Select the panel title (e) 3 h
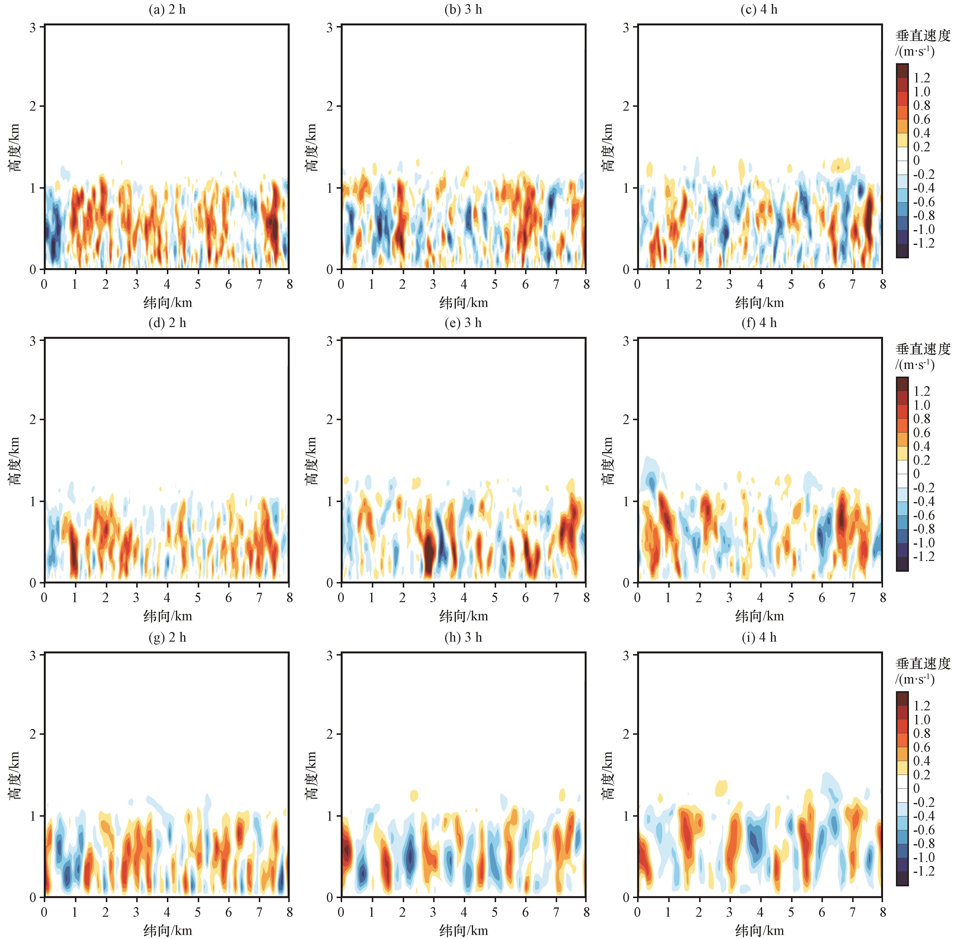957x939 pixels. [x=463, y=323]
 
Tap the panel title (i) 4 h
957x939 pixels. [x=759, y=638]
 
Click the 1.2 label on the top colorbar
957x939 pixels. [x=922, y=78]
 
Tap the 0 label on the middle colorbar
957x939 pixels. [x=917, y=474]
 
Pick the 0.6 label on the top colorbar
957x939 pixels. [x=922, y=119]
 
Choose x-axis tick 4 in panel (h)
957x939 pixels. [x=464, y=912]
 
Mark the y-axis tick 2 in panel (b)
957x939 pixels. [x=329, y=106]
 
